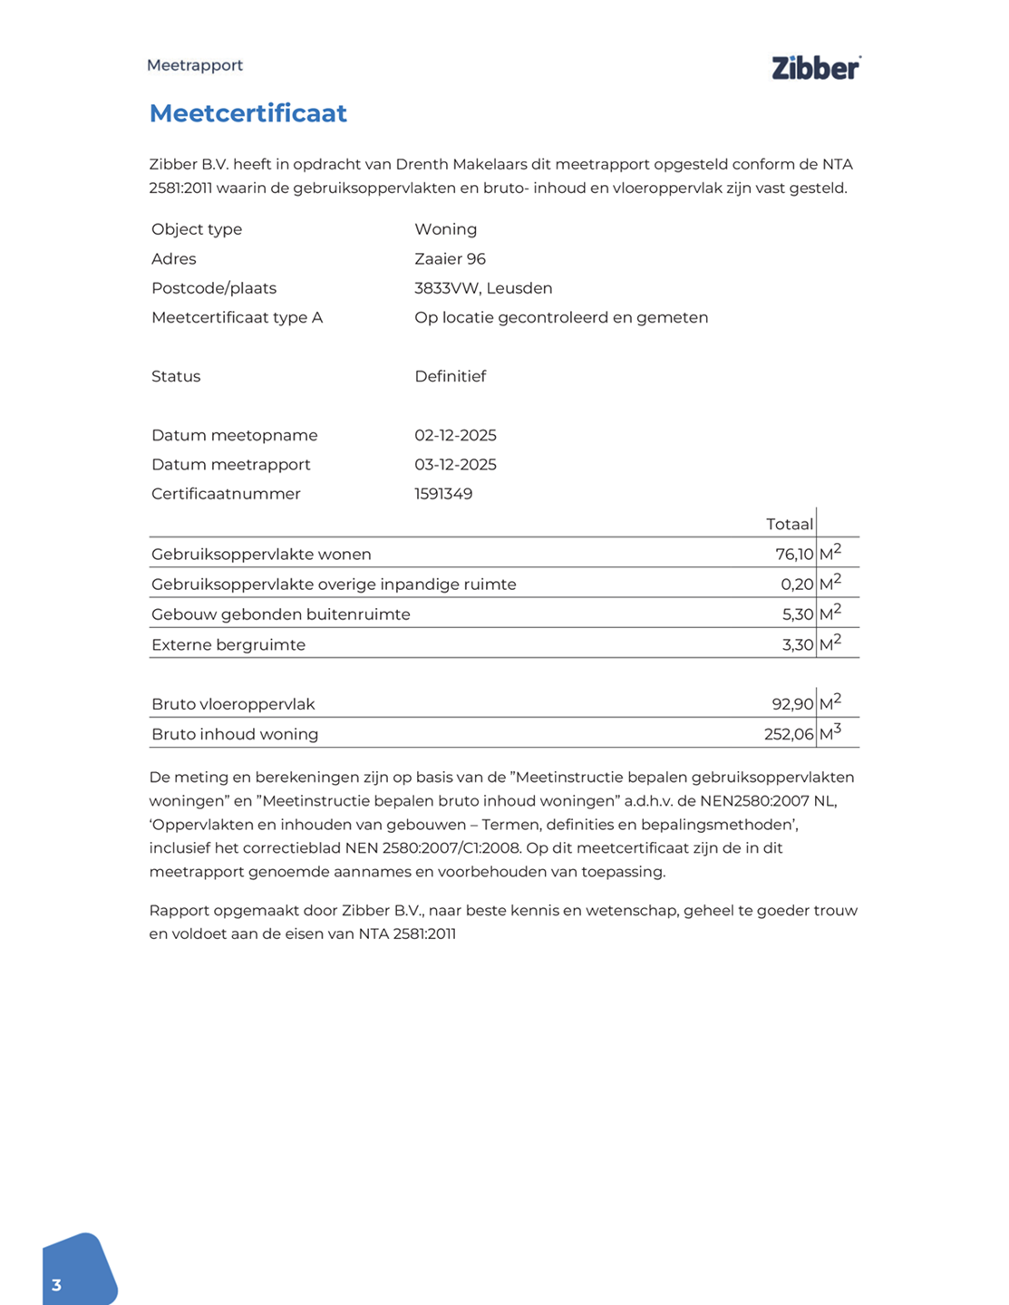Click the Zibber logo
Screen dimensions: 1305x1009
[815, 68]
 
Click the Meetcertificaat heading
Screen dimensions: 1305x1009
[248, 113]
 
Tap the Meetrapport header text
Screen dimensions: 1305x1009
[195, 65]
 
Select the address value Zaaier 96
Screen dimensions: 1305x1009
[450, 259]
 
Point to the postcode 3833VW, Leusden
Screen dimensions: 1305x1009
[483, 288]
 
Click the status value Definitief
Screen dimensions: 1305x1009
[450, 376]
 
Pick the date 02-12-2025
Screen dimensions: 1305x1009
[455, 435]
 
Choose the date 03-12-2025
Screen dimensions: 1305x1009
[455, 465]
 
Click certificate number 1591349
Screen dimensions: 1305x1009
[443, 494]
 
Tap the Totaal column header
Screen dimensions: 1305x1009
[789, 524]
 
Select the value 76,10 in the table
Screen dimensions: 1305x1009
[794, 555]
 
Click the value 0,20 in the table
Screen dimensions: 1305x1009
[797, 585]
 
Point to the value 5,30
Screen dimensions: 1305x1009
[798, 614]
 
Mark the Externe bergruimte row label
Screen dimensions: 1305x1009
[228, 645]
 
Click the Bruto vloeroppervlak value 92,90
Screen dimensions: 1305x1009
[792, 704]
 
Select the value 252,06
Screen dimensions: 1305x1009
[789, 734]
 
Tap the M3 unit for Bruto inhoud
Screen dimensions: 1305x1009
[830, 733]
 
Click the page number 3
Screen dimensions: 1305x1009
[56, 1285]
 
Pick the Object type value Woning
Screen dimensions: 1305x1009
[445, 229]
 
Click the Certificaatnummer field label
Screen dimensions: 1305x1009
[226, 494]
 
